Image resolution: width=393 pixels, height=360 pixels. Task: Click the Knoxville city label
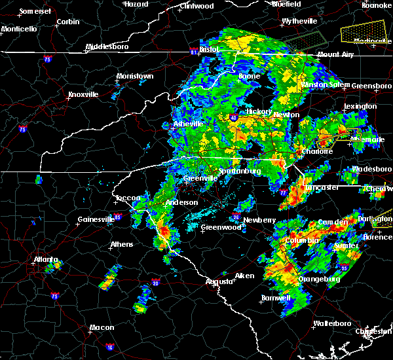click(83, 94)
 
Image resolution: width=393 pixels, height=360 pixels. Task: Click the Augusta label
click(218, 281)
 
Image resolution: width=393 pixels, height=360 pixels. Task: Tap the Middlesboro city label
click(108, 47)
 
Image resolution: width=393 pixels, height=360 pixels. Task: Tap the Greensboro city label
click(371, 86)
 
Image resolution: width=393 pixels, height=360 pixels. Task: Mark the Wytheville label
click(299, 22)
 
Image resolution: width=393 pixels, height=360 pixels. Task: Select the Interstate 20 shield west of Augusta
click(156, 283)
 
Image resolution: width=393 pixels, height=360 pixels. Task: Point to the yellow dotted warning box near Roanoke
click(364, 30)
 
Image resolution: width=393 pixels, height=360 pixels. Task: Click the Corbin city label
click(68, 22)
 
